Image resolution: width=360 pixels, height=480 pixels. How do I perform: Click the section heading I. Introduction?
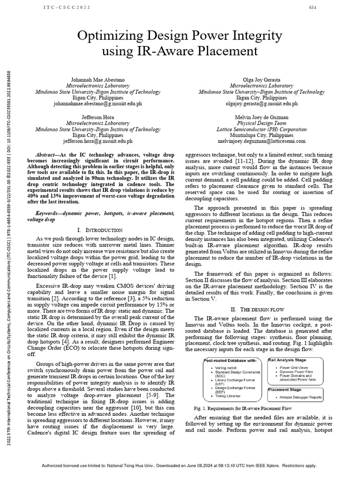tap(99, 230)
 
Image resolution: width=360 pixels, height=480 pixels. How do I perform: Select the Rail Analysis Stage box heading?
tap(288, 360)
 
